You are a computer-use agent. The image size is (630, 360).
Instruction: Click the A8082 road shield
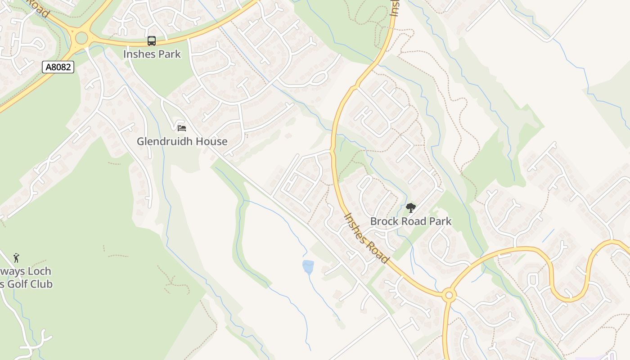pos(58,67)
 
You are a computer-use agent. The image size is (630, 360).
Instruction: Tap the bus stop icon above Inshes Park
pos(152,41)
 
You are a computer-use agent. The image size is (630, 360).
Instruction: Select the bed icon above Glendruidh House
pos(182,128)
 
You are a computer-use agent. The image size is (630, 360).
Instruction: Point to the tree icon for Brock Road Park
pos(410,208)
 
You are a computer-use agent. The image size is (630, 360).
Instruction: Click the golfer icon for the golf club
pos(17,258)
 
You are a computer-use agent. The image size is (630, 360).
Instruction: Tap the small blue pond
pos(308,267)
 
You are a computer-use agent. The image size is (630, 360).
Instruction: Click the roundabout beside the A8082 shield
pos(81,38)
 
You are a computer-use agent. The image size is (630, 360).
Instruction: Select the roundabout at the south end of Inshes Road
pos(448,296)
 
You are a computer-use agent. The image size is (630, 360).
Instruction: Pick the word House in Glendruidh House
pos(214,141)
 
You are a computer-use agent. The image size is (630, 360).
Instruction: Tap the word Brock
pos(384,221)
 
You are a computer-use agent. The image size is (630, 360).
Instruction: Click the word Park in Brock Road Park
pos(440,221)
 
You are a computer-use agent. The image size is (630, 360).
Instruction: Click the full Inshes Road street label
pos(366,238)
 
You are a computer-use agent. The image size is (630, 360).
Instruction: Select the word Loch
pos(40,271)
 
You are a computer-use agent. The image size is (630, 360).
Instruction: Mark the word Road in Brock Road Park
pos(413,221)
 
